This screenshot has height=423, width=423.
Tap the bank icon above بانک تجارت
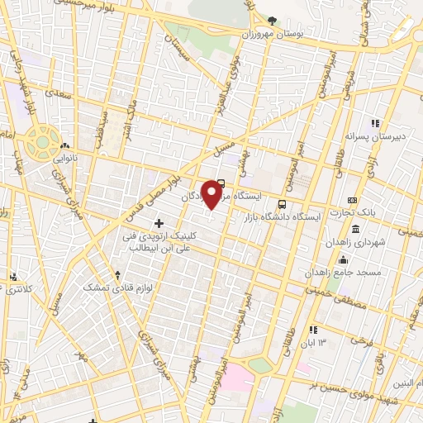[353, 200]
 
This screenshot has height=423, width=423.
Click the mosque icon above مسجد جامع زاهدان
[343, 260]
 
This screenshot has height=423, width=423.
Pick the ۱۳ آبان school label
[319, 342]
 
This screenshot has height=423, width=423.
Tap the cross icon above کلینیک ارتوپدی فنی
[159, 222]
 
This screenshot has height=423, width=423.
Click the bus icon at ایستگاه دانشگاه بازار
[283, 203]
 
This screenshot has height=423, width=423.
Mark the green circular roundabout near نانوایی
[40, 142]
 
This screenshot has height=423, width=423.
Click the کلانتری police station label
[15, 289]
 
